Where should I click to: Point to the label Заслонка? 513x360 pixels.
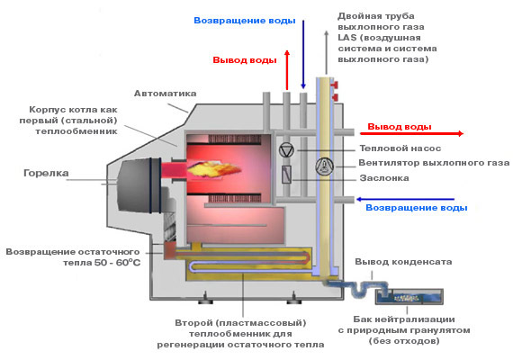(x=383, y=178)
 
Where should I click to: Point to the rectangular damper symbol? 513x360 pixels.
(x=287, y=175)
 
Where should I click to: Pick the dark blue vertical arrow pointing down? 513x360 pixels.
(x=303, y=54)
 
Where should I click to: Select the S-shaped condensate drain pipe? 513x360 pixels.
(x=360, y=287)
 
